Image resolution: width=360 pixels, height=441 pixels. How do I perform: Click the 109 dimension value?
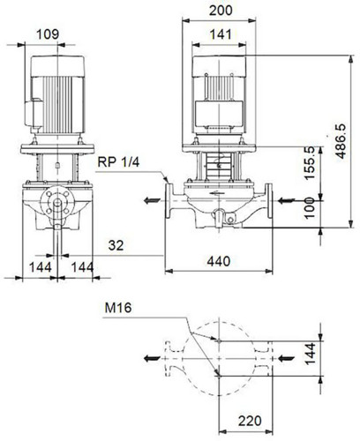coord(48,34)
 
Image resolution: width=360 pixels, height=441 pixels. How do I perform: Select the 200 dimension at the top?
coord(221,11)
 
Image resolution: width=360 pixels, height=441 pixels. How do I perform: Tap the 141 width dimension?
coord(221,34)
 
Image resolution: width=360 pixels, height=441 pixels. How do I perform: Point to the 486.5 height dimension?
coord(341,141)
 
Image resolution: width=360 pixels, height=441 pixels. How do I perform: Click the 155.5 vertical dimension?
coord(310,163)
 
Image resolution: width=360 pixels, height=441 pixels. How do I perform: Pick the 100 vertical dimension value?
coord(310,208)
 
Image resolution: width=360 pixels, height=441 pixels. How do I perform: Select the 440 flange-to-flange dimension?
coord(219,261)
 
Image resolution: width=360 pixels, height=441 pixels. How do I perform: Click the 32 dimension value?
coord(116,245)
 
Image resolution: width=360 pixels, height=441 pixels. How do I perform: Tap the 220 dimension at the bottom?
coord(250,421)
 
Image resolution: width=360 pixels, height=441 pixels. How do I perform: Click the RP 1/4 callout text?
coord(118,162)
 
